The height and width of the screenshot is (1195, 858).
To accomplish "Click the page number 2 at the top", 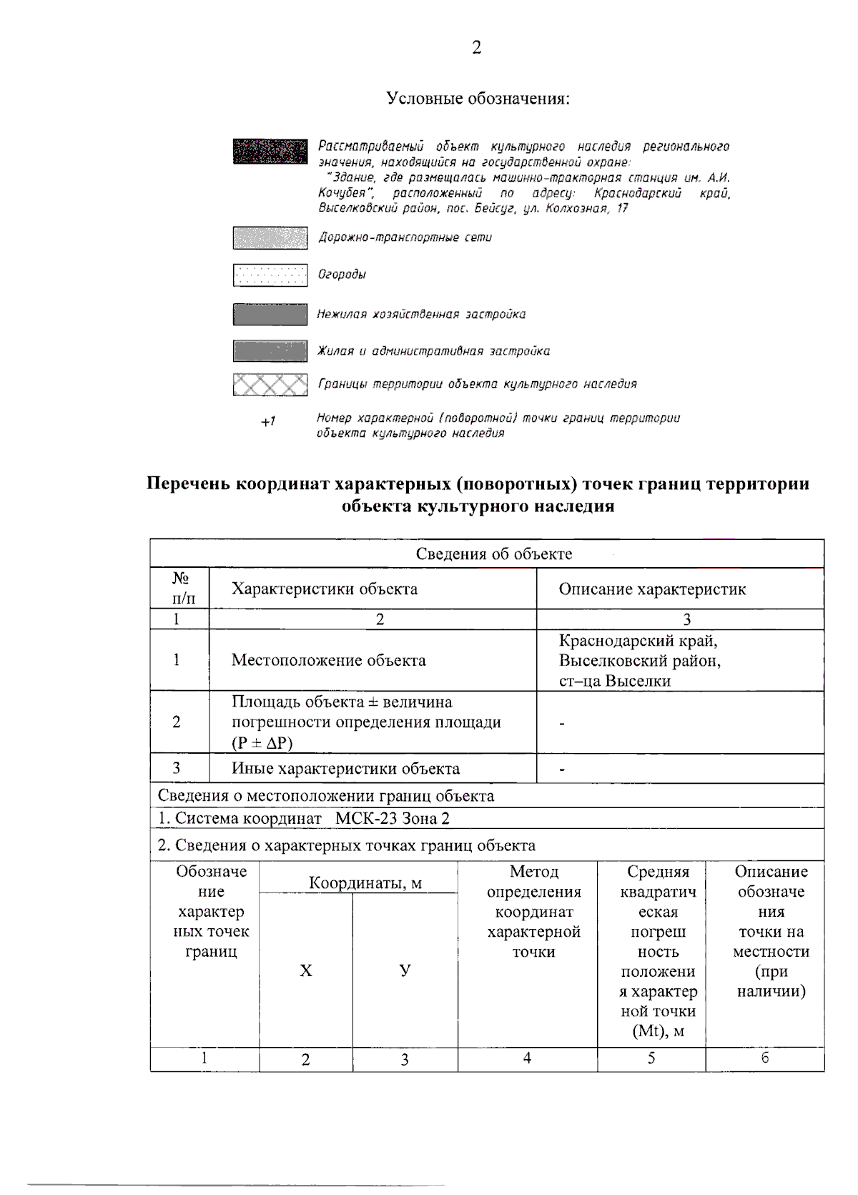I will click(476, 48).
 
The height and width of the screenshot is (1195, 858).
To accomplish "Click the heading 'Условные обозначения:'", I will click(478, 98).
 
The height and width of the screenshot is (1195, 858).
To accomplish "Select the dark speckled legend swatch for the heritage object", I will click(270, 152).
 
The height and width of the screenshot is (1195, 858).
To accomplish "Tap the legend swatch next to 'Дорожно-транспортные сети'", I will click(270, 238).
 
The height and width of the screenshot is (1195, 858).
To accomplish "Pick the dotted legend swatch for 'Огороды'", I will click(270, 275).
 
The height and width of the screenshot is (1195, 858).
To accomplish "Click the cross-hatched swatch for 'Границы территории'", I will click(270, 385).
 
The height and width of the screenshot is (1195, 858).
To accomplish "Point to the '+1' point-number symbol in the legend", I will click(268, 422).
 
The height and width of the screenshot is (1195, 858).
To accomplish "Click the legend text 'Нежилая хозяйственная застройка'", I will click(421, 315).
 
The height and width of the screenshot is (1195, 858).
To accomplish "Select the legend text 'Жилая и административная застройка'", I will click(433, 351).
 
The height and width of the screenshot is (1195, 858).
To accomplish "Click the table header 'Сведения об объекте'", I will click(493, 554).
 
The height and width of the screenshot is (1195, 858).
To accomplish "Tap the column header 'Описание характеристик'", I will click(652, 589).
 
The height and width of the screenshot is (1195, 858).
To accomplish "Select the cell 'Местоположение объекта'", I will click(328, 660).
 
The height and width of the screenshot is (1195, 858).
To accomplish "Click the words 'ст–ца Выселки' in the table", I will click(614, 681).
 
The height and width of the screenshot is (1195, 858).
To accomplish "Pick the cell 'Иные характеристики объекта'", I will click(345, 769).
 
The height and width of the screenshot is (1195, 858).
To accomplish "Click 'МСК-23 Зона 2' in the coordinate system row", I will click(393, 819).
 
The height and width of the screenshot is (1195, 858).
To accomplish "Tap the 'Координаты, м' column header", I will click(365, 883).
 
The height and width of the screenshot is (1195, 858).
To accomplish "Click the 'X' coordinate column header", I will click(306, 970).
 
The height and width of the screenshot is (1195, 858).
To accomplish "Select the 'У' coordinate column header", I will click(405, 970).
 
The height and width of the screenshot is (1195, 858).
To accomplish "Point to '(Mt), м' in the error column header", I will click(658, 1031).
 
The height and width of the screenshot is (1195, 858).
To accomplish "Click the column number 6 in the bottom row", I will click(764, 1058).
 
